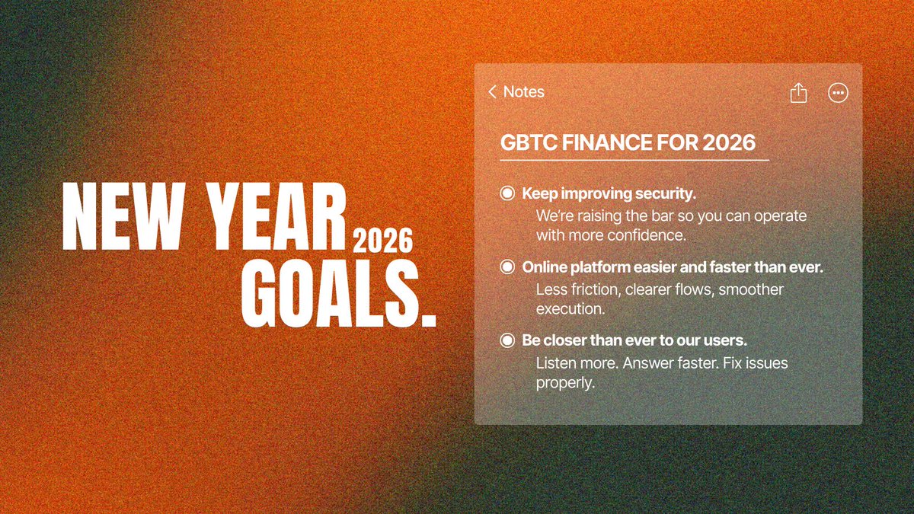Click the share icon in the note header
[x=797, y=93]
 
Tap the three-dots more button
[x=838, y=93]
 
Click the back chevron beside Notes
[x=492, y=92]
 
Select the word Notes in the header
[x=524, y=92]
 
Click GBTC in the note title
[x=524, y=142]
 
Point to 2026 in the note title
[x=730, y=142]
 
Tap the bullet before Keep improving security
[x=507, y=193]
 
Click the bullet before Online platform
[x=507, y=267]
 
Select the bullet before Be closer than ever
[x=507, y=340]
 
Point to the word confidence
[x=647, y=235]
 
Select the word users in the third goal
[x=721, y=340]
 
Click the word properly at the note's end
[x=564, y=383]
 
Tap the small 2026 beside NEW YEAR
[x=382, y=241]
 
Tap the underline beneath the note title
[x=634, y=160]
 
